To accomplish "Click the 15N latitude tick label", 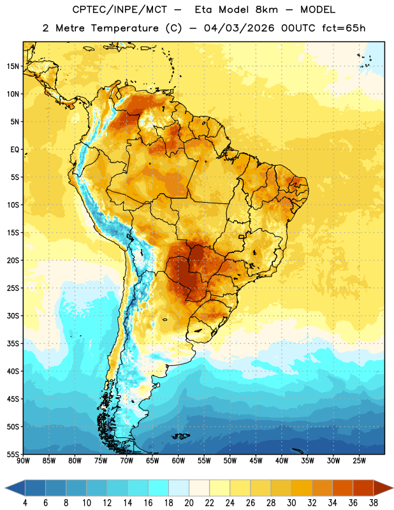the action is [x=13, y=66].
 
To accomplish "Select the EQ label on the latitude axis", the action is [x=15, y=150].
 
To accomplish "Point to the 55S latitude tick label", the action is [x=13, y=454].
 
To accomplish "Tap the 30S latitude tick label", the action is [x=13, y=316].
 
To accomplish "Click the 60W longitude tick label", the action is [x=179, y=460].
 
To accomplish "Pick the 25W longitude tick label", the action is [x=359, y=460].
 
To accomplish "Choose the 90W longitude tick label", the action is [x=23, y=460].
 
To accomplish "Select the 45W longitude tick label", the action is [x=256, y=460].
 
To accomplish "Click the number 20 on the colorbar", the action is [x=189, y=503].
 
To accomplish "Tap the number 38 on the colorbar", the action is [x=373, y=503].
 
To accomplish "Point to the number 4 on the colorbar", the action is [x=25, y=503].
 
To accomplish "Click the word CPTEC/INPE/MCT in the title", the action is [x=119, y=10].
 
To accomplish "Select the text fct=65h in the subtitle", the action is [x=344, y=28].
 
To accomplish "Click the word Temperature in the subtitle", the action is [x=124, y=28].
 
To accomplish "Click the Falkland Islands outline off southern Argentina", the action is [x=181, y=436].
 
